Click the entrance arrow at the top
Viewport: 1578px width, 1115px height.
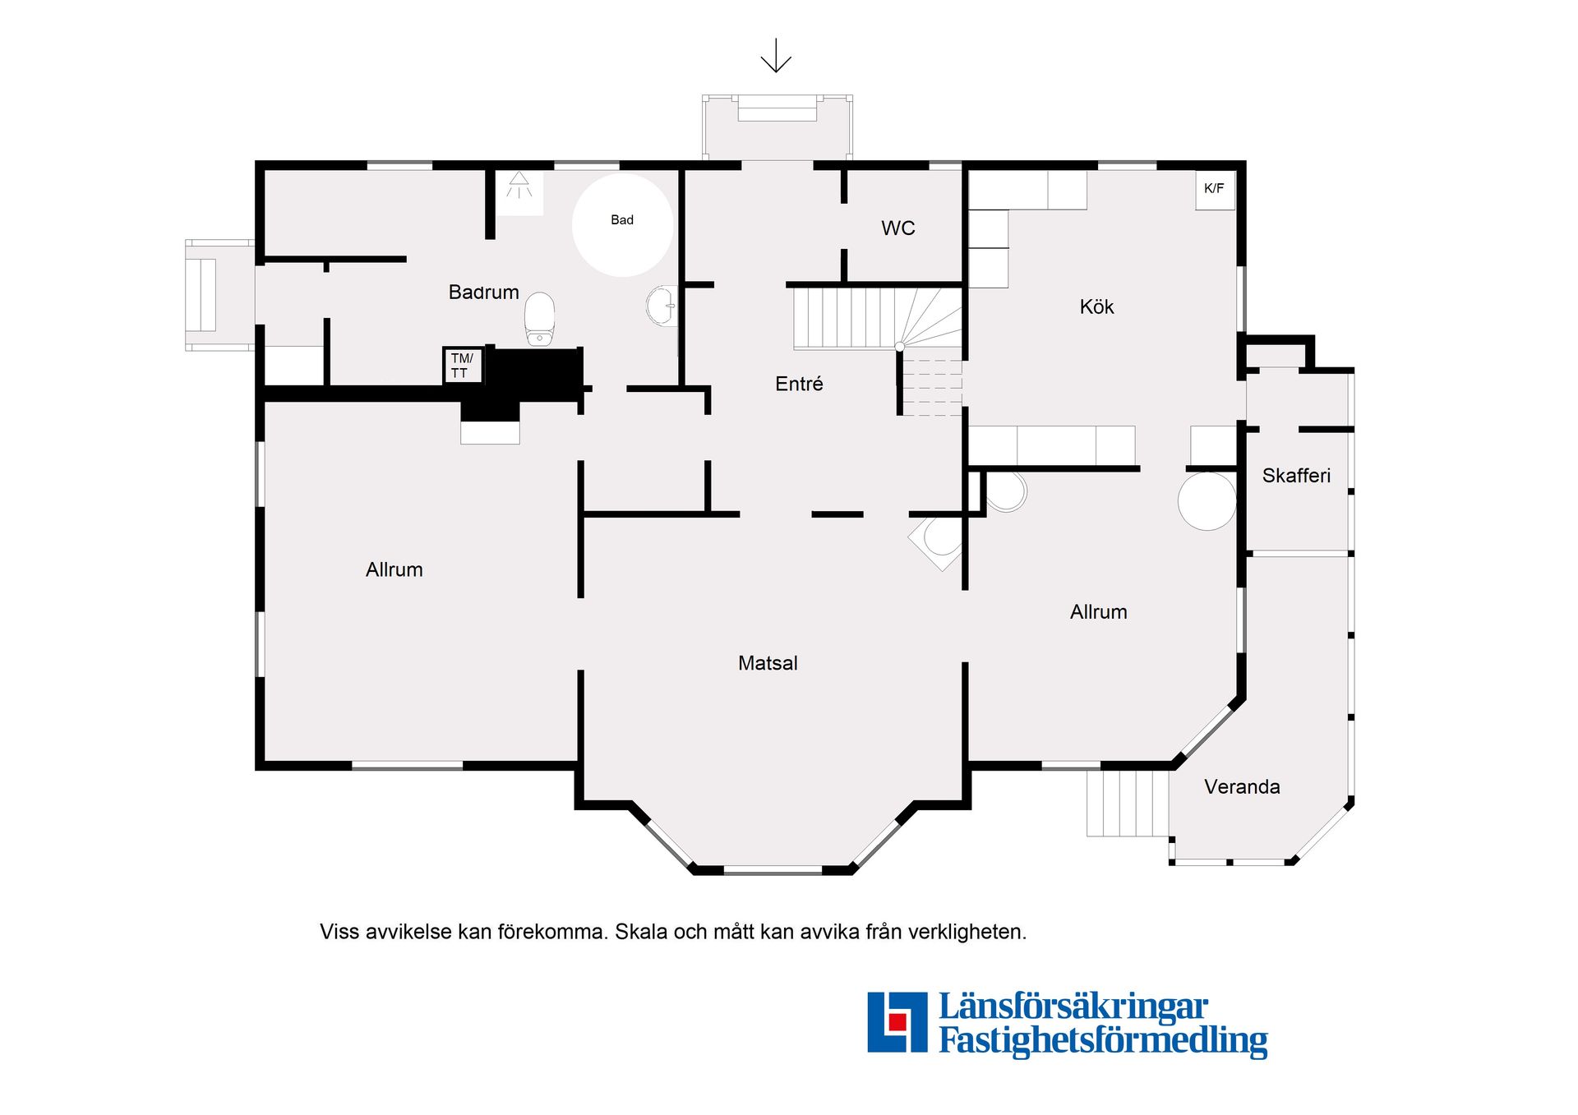[776, 55]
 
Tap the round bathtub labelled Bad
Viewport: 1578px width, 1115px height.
[622, 224]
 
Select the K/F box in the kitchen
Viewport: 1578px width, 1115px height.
[1215, 190]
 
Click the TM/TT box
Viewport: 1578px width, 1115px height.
[462, 366]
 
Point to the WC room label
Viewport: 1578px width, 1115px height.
[897, 228]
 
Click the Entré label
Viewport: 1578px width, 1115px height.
[799, 384]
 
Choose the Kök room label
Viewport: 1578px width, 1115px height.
[1096, 306]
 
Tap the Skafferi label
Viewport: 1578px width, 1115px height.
[1296, 475]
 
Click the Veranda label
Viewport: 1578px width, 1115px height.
[1242, 786]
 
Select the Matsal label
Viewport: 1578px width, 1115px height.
[768, 663]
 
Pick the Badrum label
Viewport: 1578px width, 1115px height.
[483, 292]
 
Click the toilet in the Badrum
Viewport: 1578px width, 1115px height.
[539, 319]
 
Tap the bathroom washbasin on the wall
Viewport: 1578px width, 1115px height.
[662, 306]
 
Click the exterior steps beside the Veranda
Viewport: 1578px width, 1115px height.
[1128, 803]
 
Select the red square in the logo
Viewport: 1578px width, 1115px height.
[897, 1021]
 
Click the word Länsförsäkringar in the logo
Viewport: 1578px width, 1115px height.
[1073, 1006]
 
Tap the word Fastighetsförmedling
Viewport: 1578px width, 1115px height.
[1103, 1040]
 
